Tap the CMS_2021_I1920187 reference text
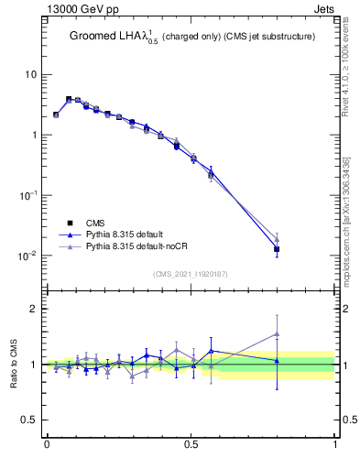(191, 273)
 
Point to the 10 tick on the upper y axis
(31, 74)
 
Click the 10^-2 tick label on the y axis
(28, 256)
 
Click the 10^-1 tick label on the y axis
(28, 195)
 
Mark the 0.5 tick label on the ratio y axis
(30, 420)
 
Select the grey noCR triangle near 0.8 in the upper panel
(278, 239)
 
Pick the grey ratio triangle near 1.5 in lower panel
(278, 334)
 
